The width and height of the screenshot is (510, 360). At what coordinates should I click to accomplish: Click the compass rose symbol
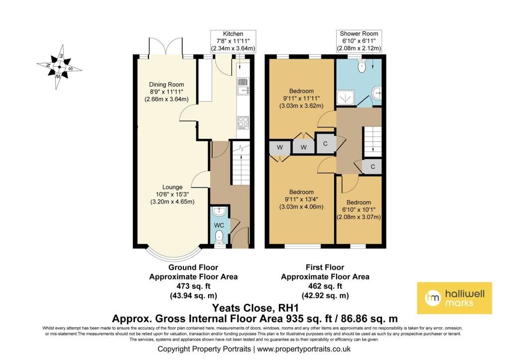(x=59, y=67)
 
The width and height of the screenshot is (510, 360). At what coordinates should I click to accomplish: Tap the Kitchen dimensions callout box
(x=233, y=41)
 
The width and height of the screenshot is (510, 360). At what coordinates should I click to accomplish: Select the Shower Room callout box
(x=359, y=41)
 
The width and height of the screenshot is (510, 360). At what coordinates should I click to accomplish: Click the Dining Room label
(x=166, y=85)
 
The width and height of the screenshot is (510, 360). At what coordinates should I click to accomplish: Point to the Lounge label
(x=172, y=187)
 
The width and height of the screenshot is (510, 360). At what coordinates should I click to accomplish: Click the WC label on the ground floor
(x=219, y=225)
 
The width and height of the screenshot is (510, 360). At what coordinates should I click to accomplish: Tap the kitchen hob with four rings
(x=243, y=122)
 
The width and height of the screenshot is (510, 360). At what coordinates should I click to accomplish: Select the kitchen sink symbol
(x=243, y=87)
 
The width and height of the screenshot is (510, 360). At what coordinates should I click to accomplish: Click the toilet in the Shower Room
(x=361, y=66)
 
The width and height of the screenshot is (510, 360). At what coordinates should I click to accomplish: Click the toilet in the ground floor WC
(x=219, y=236)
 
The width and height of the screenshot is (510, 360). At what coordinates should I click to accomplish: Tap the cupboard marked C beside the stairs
(x=373, y=167)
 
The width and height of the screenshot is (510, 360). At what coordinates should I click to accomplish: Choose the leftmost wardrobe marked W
(x=280, y=148)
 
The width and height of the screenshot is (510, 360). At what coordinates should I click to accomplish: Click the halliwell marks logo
(x=454, y=298)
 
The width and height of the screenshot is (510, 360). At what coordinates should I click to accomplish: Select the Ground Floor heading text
(x=193, y=267)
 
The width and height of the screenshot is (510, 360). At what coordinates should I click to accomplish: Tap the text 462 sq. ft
(x=325, y=286)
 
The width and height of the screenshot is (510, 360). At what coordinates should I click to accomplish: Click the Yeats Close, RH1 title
(x=255, y=308)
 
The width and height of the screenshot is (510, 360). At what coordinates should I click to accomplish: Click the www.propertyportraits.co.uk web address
(x=304, y=349)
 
